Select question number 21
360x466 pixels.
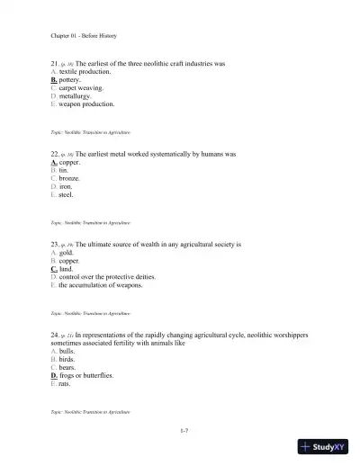[55, 64]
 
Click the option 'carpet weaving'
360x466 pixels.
[80, 88]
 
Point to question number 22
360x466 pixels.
[55, 154]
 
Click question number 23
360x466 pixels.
[55, 244]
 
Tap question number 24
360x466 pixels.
[55, 334]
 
